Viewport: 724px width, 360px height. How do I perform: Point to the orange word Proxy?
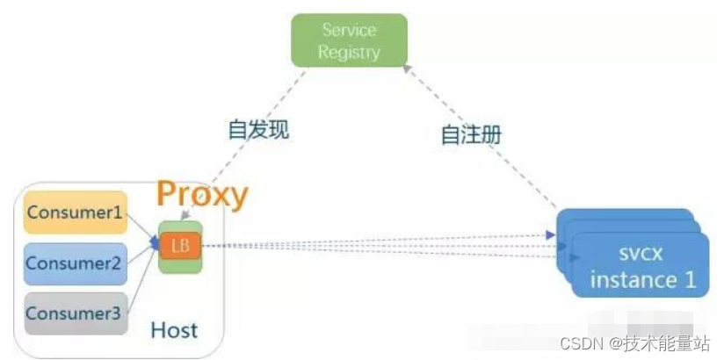pyautogui.click(x=203, y=194)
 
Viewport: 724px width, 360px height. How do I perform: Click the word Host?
pyautogui.click(x=174, y=330)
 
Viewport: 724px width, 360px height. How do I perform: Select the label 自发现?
pyautogui.click(x=258, y=131)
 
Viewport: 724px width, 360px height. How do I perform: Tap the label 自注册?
pyautogui.click(x=470, y=135)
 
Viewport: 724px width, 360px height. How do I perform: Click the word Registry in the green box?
pyautogui.click(x=349, y=53)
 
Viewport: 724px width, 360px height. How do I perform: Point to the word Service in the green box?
pyautogui.click(x=349, y=31)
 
